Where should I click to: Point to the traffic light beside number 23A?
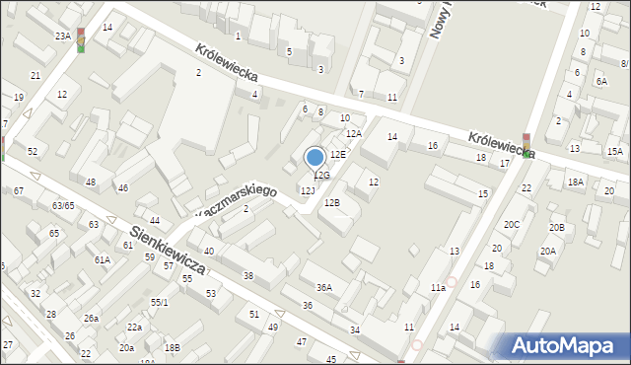[x=81, y=39]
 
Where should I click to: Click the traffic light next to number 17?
[x=526, y=145]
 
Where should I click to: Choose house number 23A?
[x=62, y=36]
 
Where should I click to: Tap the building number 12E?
[x=338, y=155]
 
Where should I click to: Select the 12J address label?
[x=308, y=189]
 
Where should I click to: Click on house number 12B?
[x=332, y=203]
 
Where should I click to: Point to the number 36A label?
[x=323, y=288]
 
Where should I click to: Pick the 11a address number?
[x=438, y=288]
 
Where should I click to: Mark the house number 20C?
[x=512, y=225]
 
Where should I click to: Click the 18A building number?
[x=576, y=182]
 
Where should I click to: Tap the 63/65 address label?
[x=63, y=206]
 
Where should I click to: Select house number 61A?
[x=102, y=260]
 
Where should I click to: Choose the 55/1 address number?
[x=159, y=302]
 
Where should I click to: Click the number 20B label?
[x=557, y=229]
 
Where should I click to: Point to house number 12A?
[x=354, y=133]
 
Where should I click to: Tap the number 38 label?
[x=248, y=276]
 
